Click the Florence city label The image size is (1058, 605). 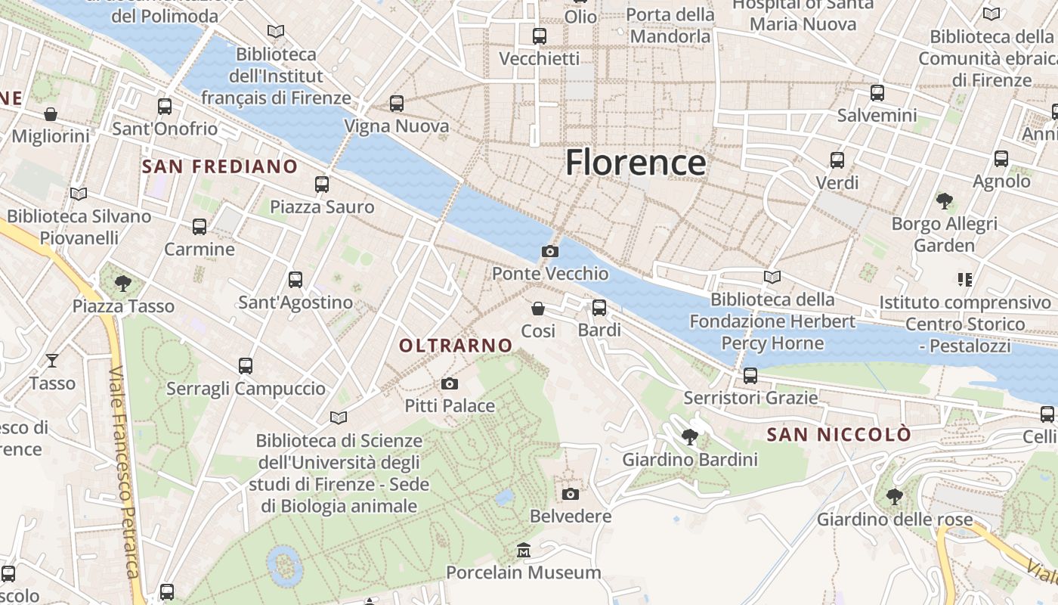(x=636, y=163)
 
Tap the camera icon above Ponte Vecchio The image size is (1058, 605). (x=550, y=251)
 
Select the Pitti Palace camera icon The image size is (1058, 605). (x=450, y=384)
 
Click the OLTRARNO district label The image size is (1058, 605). (x=456, y=346)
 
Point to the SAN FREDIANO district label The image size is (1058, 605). (x=220, y=166)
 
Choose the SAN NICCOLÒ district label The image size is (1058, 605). (x=839, y=435)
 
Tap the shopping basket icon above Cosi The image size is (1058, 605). (x=538, y=309)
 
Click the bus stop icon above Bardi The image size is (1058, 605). (x=599, y=308)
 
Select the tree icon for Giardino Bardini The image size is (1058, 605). (x=689, y=436)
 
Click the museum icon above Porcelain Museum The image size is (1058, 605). (x=523, y=550)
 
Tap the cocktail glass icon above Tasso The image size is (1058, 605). (x=52, y=360)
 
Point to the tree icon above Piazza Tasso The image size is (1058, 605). (x=122, y=284)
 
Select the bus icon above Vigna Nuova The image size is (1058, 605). (x=397, y=104)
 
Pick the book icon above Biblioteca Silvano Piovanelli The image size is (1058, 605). (x=78, y=194)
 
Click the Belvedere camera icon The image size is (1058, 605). (x=571, y=494)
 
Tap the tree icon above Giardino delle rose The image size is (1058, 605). (x=894, y=497)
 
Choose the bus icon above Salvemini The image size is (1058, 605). (x=877, y=93)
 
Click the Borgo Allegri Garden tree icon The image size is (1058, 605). (x=944, y=201)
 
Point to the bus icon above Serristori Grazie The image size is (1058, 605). (x=750, y=375)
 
